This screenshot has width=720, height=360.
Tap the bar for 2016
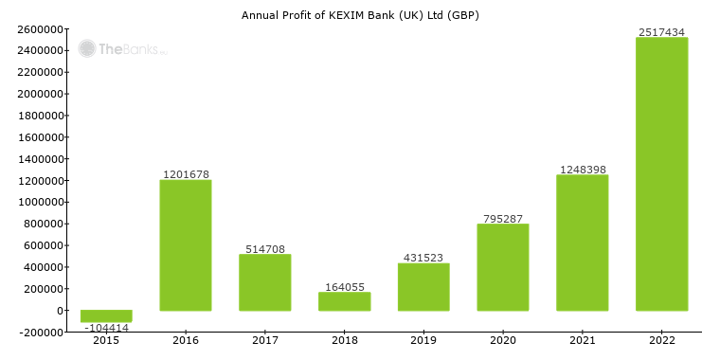(x=186, y=245)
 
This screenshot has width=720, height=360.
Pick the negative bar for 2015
(x=106, y=316)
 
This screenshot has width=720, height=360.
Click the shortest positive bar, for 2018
(x=344, y=301)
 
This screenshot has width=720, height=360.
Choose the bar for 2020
(x=503, y=267)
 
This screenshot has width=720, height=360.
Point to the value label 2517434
(x=661, y=32)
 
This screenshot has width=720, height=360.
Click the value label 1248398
(x=582, y=170)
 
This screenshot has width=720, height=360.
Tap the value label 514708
(x=264, y=249)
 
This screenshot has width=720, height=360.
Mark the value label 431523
(x=423, y=258)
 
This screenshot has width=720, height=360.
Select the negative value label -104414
(x=106, y=327)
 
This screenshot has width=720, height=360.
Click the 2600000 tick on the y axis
(x=40, y=28)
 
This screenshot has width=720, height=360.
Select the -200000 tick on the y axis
(x=40, y=333)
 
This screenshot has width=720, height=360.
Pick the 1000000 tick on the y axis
(x=40, y=202)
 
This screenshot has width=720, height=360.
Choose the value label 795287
(x=503, y=219)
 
